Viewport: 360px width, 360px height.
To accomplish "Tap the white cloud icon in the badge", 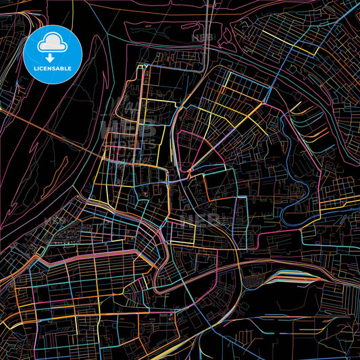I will [x=53, y=42].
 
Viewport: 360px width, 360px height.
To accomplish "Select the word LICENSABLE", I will [x=53, y=67].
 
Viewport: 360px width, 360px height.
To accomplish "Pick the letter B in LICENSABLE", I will [x=65, y=67].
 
